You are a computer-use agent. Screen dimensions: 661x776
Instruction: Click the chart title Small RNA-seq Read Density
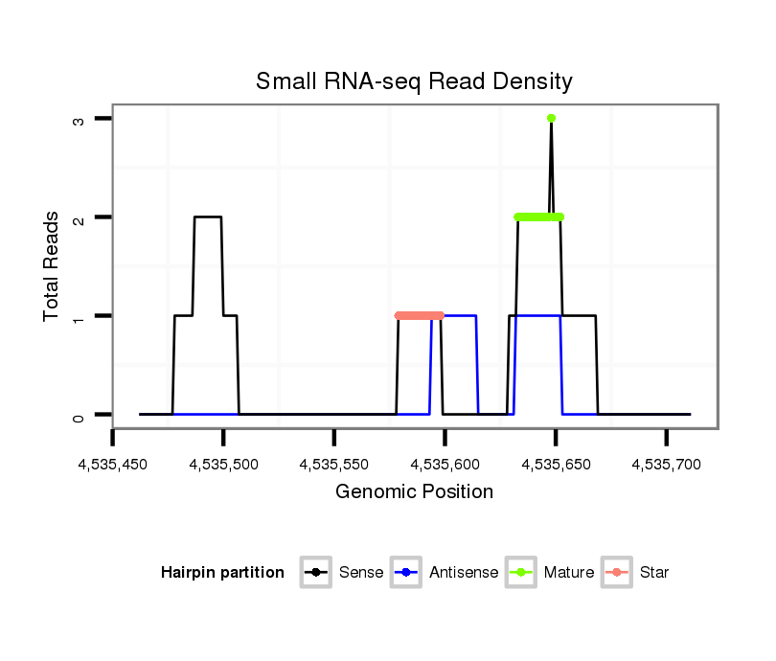[414, 81]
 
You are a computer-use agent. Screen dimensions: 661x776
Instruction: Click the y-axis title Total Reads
[52, 266]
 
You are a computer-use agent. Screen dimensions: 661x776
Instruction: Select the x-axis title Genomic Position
[414, 492]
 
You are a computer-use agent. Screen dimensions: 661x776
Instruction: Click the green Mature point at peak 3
[551, 118]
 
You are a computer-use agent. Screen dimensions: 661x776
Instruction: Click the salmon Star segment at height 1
[420, 315]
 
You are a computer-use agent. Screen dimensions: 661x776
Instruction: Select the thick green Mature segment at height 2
[538, 217]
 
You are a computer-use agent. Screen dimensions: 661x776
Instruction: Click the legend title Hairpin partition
[222, 573]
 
